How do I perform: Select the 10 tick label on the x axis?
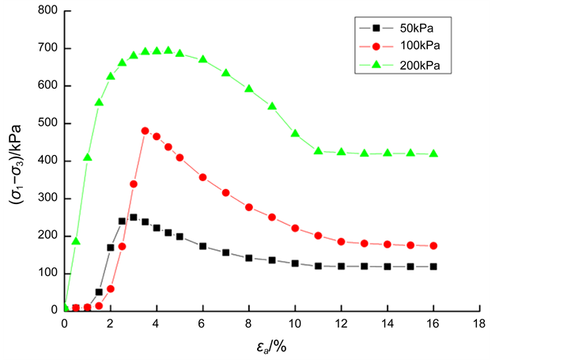tap(295, 324)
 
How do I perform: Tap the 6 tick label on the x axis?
tap(202, 324)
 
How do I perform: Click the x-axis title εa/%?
tap(271, 347)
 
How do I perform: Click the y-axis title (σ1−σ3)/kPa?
tap(15, 161)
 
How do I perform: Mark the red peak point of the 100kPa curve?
tap(145, 131)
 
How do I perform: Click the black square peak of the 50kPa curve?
tap(133, 217)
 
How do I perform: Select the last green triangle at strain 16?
tap(433, 153)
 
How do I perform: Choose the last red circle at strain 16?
tap(433, 245)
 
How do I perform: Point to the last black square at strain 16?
tap(433, 267)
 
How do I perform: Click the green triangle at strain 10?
tap(295, 134)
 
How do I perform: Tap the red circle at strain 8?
tap(249, 207)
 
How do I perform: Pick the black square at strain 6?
tap(202, 246)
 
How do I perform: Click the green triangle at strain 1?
tap(87, 157)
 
